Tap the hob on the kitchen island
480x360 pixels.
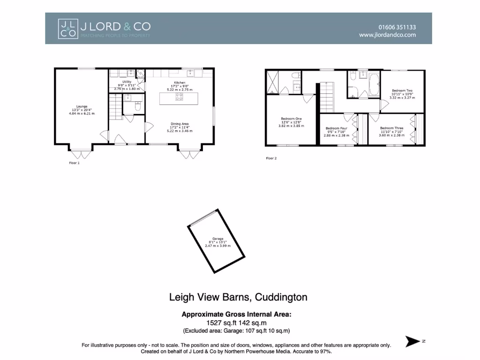[x=179, y=97]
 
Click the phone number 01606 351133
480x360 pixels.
[x=397, y=27]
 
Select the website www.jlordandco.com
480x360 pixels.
[x=387, y=35]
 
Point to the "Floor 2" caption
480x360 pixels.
[x=271, y=158]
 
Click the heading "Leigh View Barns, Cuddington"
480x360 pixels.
[x=238, y=297]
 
